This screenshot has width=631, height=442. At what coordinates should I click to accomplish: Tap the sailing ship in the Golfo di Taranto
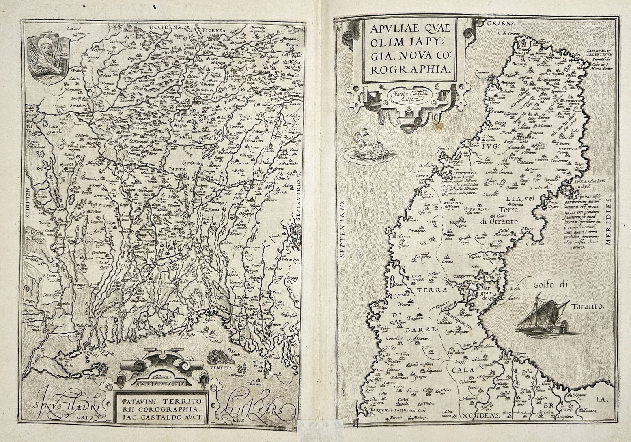tap(538, 312)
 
